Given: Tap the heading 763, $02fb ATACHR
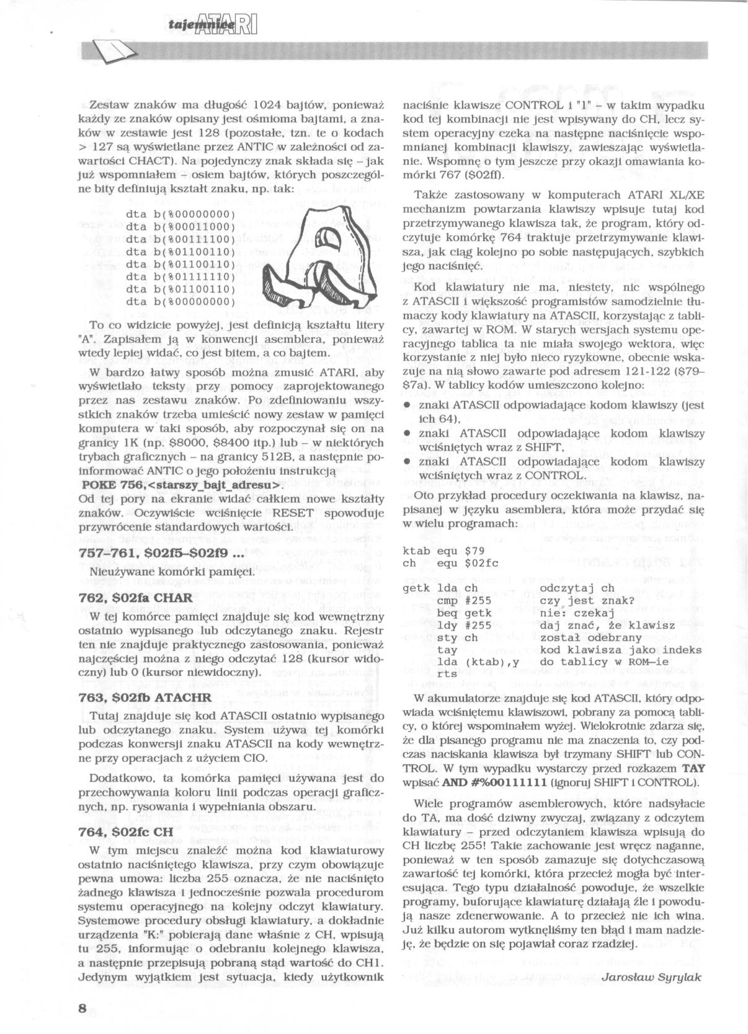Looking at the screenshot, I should (146, 697).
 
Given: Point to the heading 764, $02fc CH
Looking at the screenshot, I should (126, 833).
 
